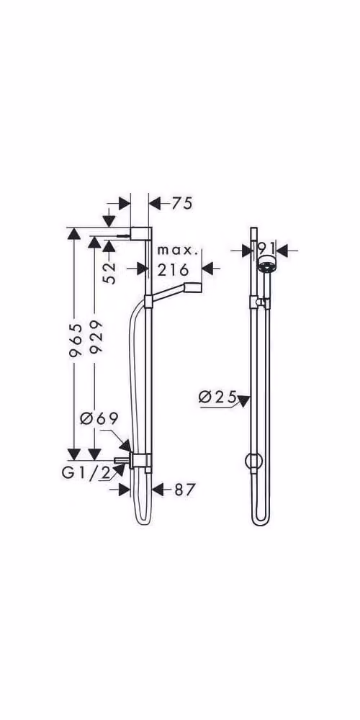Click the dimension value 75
pyautogui.click(x=182, y=204)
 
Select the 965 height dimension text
pyautogui.click(x=76, y=340)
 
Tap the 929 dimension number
pyautogui.click(x=96, y=336)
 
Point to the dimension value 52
pyautogui.click(x=109, y=273)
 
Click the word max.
pyautogui.click(x=179, y=251)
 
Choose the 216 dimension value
pyautogui.click(x=173, y=269)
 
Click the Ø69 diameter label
pyautogui.click(x=99, y=418)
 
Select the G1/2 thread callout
pyautogui.click(x=86, y=474)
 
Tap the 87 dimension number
pyautogui.click(x=184, y=490)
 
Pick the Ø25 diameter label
pyautogui.click(x=217, y=396)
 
